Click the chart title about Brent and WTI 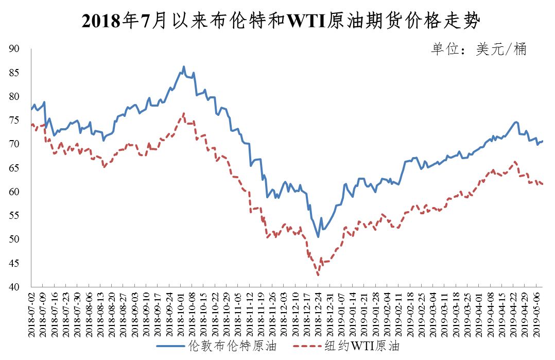point(281,21)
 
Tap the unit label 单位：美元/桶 point(479,49)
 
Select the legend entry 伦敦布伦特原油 point(217,346)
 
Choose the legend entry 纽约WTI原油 point(346,346)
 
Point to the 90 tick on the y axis point(14,49)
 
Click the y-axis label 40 point(14,287)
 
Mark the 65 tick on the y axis point(14,168)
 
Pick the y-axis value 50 point(14,239)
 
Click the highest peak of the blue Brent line point(184,66)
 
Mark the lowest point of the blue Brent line point(318,237)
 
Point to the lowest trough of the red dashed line point(318,275)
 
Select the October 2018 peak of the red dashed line point(184,113)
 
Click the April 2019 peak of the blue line point(516,122)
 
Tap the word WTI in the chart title point(306,21)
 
